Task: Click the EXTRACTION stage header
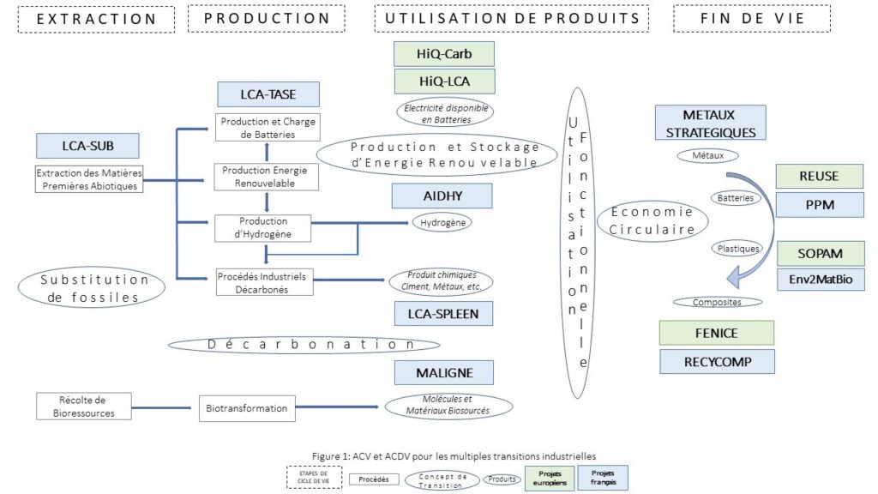click(x=96, y=19)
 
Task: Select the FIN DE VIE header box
click(x=752, y=19)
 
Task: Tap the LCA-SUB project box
click(x=87, y=145)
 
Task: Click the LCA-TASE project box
click(x=268, y=94)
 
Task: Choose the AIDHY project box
click(x=442, y=196)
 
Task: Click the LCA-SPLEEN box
click(x=443, y=315)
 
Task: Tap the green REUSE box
click(x=820, y=177)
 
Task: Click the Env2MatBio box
click(x=820, y=279)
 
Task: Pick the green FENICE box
click(x=716, y=333)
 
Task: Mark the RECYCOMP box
click(x=717, y=361)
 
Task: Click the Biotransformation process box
click(x=247, y=408)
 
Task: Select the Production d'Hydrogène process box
click(x=262, y=229)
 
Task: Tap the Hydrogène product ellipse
click(x=442, y=222)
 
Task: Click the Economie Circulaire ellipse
click(x=654, y=220)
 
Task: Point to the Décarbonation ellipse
click(x=304, y=344)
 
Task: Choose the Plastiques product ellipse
click(x=737, y=249)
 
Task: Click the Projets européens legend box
click(x=550, y=478)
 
